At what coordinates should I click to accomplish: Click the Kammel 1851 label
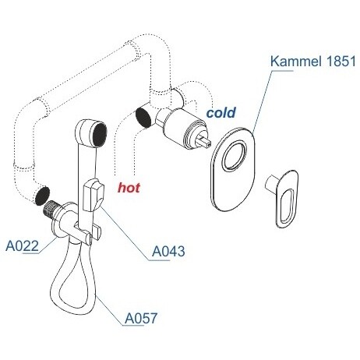[x=312, y=62]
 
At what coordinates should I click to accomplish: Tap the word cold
[x=221, y=112]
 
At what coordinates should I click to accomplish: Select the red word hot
[x=129, y=187]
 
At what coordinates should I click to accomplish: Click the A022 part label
[x=22, y=245]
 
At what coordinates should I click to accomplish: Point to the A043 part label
[x=168, y=251]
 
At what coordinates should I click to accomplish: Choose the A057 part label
[x=141, y=318]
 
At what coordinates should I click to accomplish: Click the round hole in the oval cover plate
[x=235, y=157]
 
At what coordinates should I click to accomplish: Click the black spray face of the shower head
[x=99, y=136]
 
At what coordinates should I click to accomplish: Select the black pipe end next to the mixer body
[x=143, y=118]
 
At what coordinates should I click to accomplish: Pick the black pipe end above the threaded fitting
[x=42, y=196]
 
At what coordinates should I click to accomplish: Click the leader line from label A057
[x=109, y=310]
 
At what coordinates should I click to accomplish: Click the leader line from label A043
[x=124, y=232]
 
